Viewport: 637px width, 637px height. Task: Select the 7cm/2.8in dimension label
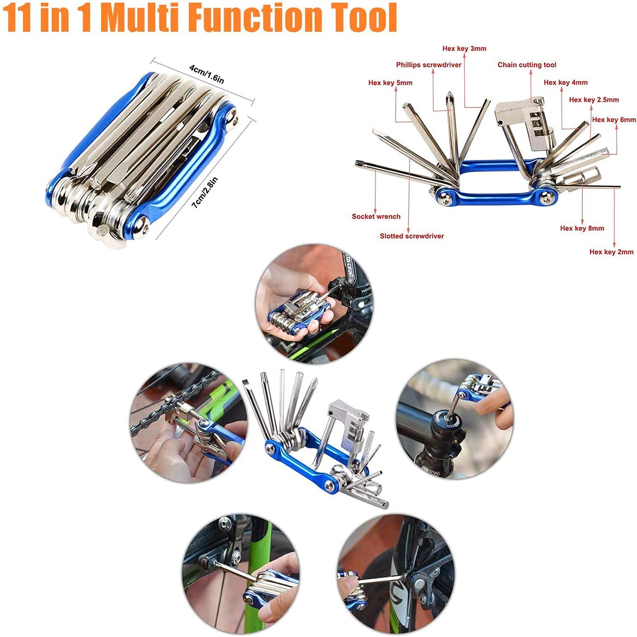pos(205,193)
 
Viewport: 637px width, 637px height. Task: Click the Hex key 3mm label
pos(464,49)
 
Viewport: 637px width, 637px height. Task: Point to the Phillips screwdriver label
pos(428,65)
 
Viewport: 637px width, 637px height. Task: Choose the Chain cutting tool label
pos(527,65)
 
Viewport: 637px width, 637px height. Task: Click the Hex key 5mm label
pos(390,83)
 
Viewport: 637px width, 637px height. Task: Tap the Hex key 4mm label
pos(566,82)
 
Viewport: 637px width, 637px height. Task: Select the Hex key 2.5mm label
pos(594,99)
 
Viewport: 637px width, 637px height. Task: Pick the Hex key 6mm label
pos(614,119)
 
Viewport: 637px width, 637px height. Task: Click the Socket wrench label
pos(376,216)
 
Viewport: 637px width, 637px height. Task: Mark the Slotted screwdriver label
pos(411,236)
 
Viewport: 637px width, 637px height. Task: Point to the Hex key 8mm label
pos(582,228)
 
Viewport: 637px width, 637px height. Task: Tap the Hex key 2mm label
pos(611,252)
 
